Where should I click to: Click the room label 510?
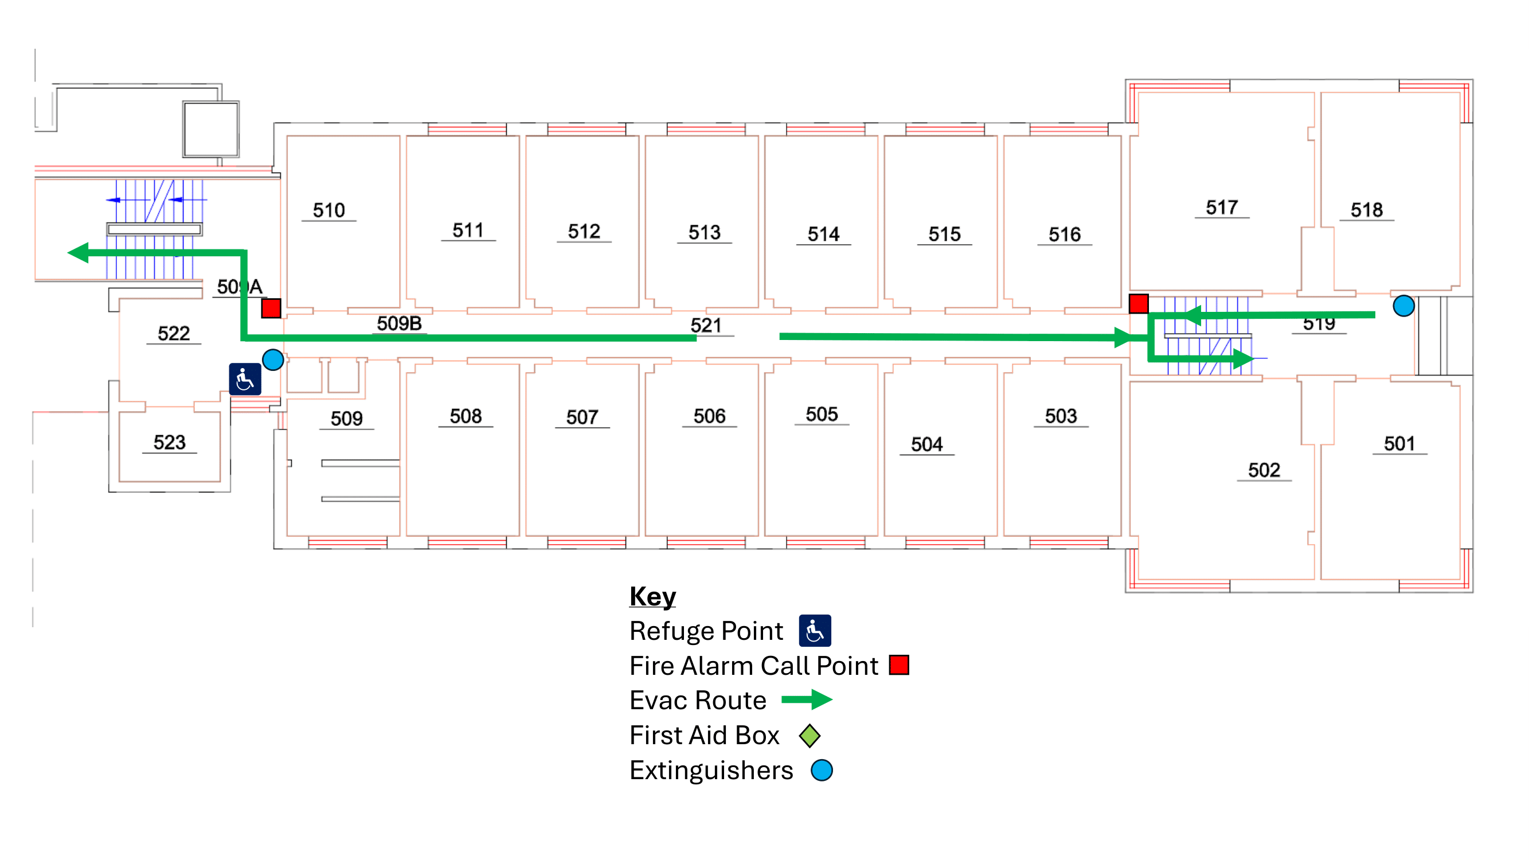pyautogui.click(x=329, y=210)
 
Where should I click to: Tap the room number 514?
pyautogui.click(x=823, y=234)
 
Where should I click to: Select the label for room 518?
pyautogui.click(x=1366, y=209)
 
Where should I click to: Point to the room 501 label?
pyautogui.click(x=1399, y=443)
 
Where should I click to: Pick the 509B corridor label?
pyautogui.click(x=399, y=323)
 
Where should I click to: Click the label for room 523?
pyautogui.click(x=169, y=442)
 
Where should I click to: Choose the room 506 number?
pyautogui.click(x=709, y=416)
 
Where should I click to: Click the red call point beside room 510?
pyautogui.click(x=271, y=308)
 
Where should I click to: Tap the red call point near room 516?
pyautogui.click(x=1138, y=303)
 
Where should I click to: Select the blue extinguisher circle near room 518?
pyautogui.click(x=1403, y=306)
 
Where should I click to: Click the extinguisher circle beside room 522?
pyautogui.click(x=272, y=359)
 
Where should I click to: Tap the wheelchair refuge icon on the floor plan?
pyautogui.click(x=245, y=379)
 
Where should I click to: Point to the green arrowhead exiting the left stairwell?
pyautogui.click(x=79, y=253)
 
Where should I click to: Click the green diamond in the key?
pyautogui.click(x=809, y=736)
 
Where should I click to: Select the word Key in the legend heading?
pyautogui.click(x=652, y=596)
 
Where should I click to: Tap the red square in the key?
pyautogui.click(x=898, y=665)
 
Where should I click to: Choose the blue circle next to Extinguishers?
pyautogui.click(x=822, y=771)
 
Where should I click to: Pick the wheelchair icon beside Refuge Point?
pyautogui.click(x=814, y=630)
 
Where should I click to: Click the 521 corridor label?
pyautogui.click(x=705, y=325)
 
